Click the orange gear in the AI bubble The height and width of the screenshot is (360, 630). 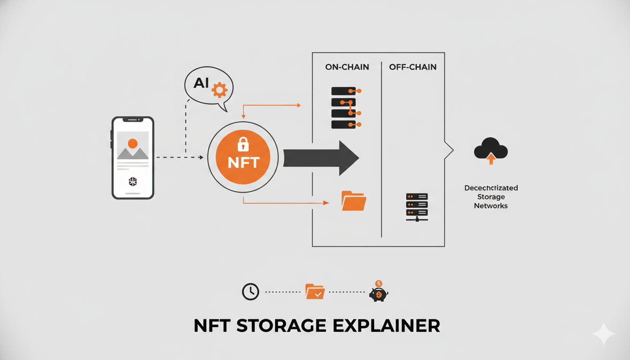pos(219,90)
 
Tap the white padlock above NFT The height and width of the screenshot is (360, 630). pos(243,144)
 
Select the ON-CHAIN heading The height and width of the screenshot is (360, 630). pos(347,67)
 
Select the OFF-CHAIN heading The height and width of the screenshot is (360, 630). pos(412,67)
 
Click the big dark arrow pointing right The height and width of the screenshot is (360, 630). pos(321,158)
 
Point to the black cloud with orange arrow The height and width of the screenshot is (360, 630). pos(491,150)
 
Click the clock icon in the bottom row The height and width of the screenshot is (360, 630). pos(250,292)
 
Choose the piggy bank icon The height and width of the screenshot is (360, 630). pos(378,293)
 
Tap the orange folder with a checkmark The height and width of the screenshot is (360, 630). pos(315,292)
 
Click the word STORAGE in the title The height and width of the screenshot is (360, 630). pos(275,326)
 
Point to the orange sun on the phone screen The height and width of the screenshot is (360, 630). pos(133,143)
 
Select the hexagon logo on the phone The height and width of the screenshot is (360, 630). pos(133,181)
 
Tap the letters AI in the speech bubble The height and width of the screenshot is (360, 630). pos(201,83)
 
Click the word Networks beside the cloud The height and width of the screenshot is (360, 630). pos(491,206)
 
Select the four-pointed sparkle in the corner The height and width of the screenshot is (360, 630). pos(604,334)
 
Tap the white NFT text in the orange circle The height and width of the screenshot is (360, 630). pos(243,163)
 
